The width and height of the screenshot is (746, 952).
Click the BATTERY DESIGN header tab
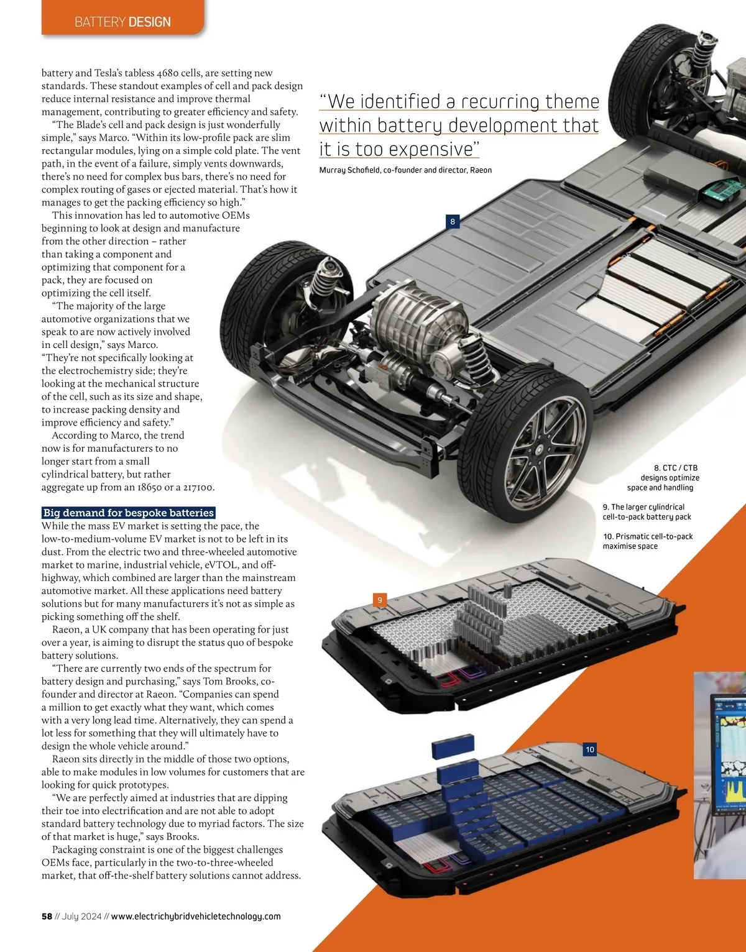click(x=122, y=22)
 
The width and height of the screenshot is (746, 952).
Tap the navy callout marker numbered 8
click(x=453, y=221)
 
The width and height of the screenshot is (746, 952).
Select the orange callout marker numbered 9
click(x=380, y=600)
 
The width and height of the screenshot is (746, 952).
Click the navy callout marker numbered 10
click(x=590, y=749)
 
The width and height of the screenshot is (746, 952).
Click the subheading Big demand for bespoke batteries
click(x=129, y=513)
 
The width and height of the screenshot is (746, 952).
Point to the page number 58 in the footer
click(x=47, y=917)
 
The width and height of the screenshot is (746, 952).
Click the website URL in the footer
click(x=196, y=917)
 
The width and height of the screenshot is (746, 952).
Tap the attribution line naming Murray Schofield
click(x=405, y=170)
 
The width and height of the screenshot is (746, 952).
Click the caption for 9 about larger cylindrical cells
click(x=647, y=512)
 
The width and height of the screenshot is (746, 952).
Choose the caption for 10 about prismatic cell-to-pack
click(x=647, y=541)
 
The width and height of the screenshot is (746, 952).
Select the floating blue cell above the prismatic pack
click(x=453, y=746)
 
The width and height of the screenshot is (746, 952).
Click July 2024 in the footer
click(x=81, y=917)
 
